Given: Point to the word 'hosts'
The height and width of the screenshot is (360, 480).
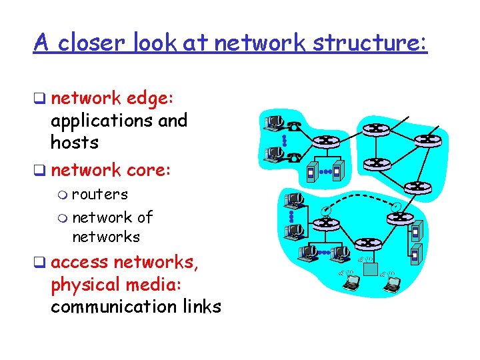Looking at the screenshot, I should (74, 142).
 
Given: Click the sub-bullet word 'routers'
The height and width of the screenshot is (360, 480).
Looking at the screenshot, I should (99, 194).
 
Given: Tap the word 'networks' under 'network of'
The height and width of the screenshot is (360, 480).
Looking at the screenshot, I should (105, 237).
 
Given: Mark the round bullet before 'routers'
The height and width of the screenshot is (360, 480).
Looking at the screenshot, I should (62, 195).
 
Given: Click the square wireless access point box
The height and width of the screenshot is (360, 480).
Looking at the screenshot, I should (369, 267).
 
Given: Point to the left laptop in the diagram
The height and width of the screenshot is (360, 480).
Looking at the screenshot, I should (351, 283).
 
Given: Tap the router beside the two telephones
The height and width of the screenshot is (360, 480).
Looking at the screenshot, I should (326, 141).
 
